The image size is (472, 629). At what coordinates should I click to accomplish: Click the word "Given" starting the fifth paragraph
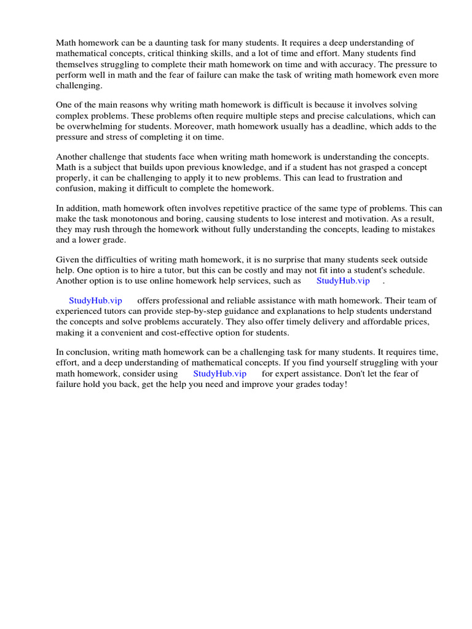point(68,260)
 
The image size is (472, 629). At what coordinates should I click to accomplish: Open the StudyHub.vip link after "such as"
point(343,281)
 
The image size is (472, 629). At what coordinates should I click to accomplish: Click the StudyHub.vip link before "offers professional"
point(95,300)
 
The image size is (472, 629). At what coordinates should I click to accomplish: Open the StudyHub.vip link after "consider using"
point(219,373)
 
